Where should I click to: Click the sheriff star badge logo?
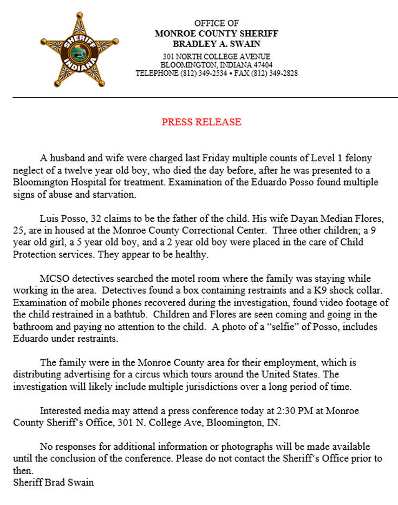pyautogui.click(x=79, y=51)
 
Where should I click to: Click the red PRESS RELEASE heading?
pyautogui.click(x=201, y=122)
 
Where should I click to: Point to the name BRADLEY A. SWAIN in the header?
pyautogui.click(x=216, y=44)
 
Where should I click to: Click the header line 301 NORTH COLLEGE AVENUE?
pyautogui.click(x=216, y=57)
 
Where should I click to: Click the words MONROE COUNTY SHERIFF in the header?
pyautogui.click(x=216, y=34)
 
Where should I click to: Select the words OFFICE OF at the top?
pyautogui.click(x=216, y=23)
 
